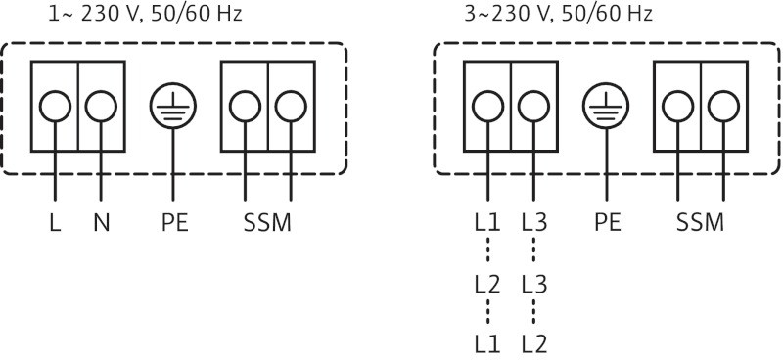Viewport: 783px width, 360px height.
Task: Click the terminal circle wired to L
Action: pyautogui.click(x=54, y=106)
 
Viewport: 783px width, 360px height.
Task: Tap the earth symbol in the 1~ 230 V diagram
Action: pyautogui.click(x=173, y=105)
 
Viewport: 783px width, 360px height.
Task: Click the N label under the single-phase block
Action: pyautogui.click(x=101, y=222)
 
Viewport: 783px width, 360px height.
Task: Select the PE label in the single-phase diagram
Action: pyautogui.click(x=173, y=222)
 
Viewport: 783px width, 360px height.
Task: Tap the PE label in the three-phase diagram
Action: pyautogui.click(x=607, y=222)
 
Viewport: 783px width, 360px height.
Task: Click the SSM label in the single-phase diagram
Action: pyautogui.click(x=267, y=222)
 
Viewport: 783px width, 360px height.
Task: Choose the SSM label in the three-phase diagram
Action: pyautogui.click(x=700, y=222)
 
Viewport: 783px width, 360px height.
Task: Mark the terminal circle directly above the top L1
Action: pyautogui.click(x=486, y=106)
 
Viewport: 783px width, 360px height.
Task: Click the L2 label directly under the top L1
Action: pyautogui.click(x=486, y=285)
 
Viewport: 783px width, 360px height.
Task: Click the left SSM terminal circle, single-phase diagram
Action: pyautogui.click(x=244, y=106)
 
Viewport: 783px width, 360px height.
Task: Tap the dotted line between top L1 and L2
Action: pyautogui.click(x=486, y=253)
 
